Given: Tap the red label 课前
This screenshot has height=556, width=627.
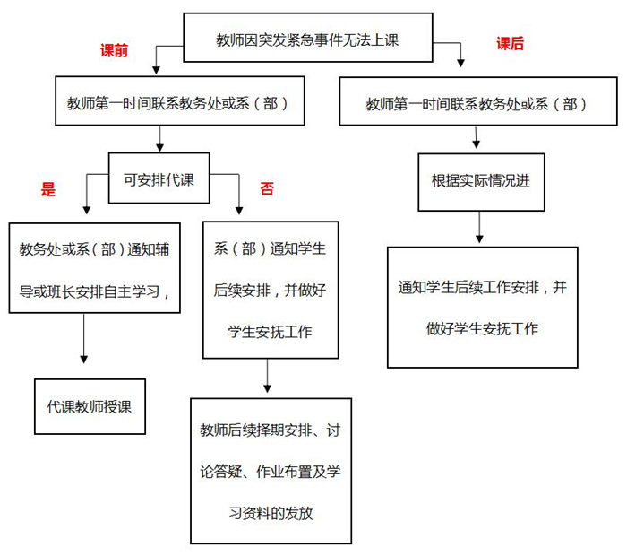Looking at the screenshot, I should coord(114,50).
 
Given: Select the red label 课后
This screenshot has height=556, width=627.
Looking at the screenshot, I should coord(510,43).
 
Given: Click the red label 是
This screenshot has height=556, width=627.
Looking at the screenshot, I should coord(48,189).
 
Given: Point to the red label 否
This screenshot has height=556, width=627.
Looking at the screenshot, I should coord(267,188).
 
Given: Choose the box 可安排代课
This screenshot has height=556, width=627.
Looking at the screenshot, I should coord(159,177).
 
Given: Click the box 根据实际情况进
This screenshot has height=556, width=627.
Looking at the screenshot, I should coord(480,180).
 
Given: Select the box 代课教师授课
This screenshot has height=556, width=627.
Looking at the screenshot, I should coord(90,405).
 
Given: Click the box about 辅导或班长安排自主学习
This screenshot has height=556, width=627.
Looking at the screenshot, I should coord(90,266).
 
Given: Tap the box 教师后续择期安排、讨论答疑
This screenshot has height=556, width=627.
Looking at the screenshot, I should coord(271,470).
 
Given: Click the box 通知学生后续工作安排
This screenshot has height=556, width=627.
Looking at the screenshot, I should coord(482,307).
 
